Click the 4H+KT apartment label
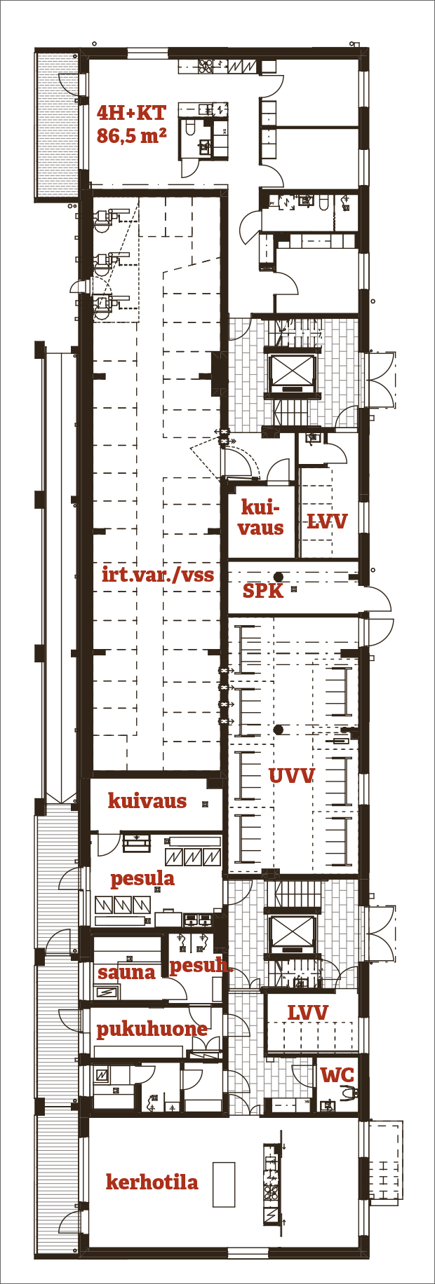[x=131, y=113]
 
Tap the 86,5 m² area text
[x=131, y=135]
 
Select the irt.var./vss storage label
[x=158, y=575]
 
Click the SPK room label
[x=263, y=591]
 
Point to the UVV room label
[x=291, y=776]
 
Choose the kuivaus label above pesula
[x=147, y=801]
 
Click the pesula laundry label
[x=142, y=879]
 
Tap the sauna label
[x=126, y=973]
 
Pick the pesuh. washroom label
[x=201, y=966]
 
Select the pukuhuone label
[x=152, y=1029]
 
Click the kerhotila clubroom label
[x=152, y=1182]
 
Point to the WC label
[x=337, y=1075]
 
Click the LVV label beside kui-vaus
[x=327, y=521]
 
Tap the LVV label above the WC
[x=308, y=1013]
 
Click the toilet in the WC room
[x=348, y=1092]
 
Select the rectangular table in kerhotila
[x=224, y=1184]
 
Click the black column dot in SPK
[x=279, y=576]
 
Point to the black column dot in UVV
[x=279, y=730]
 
